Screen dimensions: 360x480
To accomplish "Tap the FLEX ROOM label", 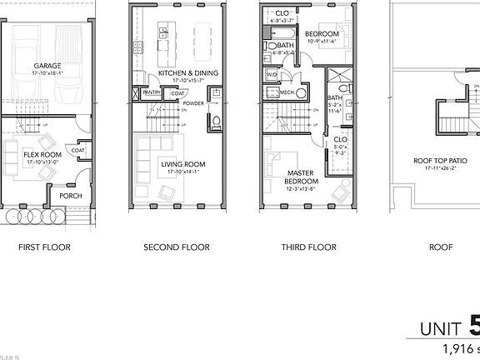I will (x=42, y=154).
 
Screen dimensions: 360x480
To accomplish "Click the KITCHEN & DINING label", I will (x=187, y=73).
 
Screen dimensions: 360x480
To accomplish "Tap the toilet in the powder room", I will (x=216, y=123).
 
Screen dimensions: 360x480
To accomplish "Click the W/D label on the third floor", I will (x=271, y=75).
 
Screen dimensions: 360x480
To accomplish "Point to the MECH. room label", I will (x=287, y=92).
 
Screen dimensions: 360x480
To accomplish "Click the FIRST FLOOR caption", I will (x=43, y=247).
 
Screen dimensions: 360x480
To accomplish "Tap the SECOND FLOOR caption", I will (x=176, y=247).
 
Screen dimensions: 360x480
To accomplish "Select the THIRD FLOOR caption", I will (x=308, y=247).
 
